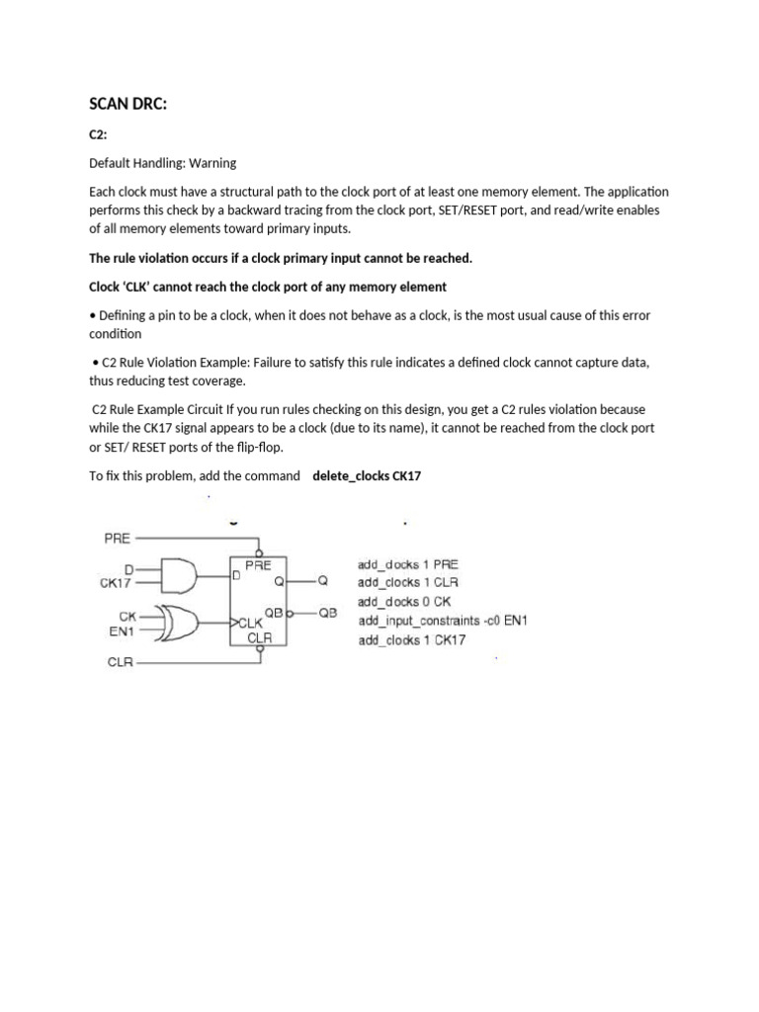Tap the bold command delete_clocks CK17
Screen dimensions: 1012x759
point(367,475)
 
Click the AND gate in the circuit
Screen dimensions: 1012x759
point(182,573)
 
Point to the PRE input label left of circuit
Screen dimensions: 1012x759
point(118,539)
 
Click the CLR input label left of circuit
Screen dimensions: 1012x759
point(120,663)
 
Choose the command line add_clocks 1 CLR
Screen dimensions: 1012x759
point(408,582)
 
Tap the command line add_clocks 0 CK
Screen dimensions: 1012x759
point(404,601)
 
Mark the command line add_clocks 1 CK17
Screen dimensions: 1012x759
point(412,639)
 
